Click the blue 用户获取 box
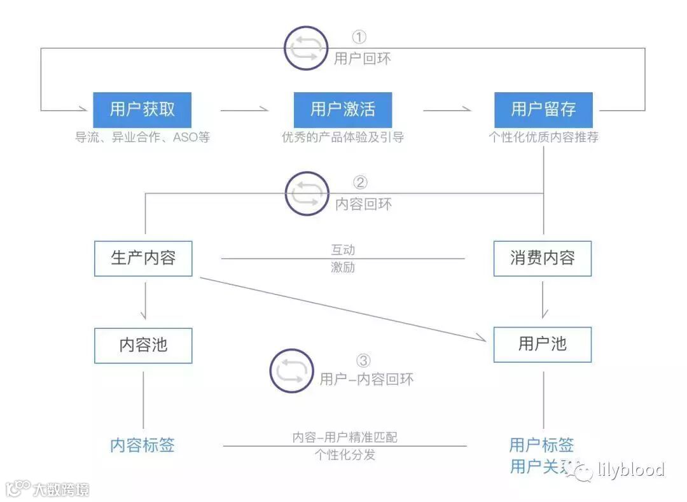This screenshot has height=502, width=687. [142, 109]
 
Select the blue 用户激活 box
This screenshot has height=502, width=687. [342, 109]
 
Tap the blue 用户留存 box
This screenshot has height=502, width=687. [543, 109]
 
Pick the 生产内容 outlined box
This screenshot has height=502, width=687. [143, 258]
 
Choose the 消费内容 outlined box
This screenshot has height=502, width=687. [543, 258]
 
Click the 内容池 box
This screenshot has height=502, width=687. [143, 345]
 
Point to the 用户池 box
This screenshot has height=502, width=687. [543, 345]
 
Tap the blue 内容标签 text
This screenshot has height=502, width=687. [142, 445]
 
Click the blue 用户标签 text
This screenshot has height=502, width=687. [541, 445]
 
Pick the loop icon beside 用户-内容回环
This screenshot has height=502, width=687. [291, 371]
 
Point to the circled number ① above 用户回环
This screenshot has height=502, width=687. [359, 37]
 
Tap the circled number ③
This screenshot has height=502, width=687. [363, 361]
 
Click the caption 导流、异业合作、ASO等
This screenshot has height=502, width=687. [142, 137]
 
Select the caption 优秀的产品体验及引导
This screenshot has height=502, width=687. [342, 137]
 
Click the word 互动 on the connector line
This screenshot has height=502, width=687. [343, 249]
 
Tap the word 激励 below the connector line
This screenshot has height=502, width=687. [343, 267]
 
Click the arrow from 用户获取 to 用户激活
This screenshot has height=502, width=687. [245, 110]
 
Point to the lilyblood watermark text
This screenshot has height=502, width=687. [631, 470]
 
